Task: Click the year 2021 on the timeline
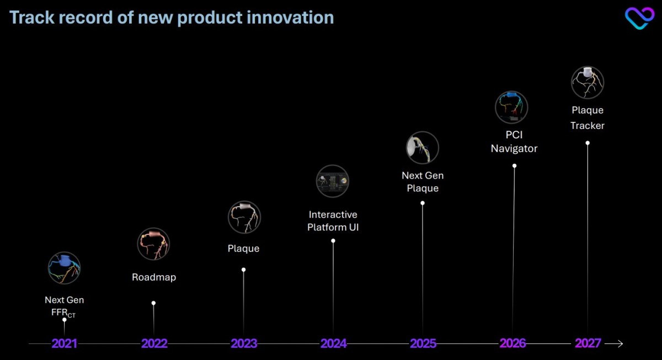tap(64, 343)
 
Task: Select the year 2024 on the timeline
tap(333, 343)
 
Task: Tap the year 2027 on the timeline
tap(588, 343)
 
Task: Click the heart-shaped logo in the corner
tap(639, 18)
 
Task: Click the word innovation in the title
tap(290, 17)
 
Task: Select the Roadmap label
tap(154, 277)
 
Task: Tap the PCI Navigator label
tap(514, 142)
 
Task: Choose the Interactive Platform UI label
tap(333, 221)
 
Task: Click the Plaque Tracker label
tap(588, 118)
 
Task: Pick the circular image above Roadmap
tap(153, 244)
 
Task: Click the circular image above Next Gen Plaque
tap(423, 148)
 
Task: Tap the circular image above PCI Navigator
tap(511, 107)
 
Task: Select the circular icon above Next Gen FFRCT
tap(64, 268)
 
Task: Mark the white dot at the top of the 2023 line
tap(243, 270)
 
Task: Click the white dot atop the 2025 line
tap(423, 203)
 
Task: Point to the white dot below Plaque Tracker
tap(588, 143)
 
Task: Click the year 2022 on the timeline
tap(154, 343)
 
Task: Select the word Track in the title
tap(32, 17)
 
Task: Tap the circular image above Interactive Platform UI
tap(333, 181)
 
